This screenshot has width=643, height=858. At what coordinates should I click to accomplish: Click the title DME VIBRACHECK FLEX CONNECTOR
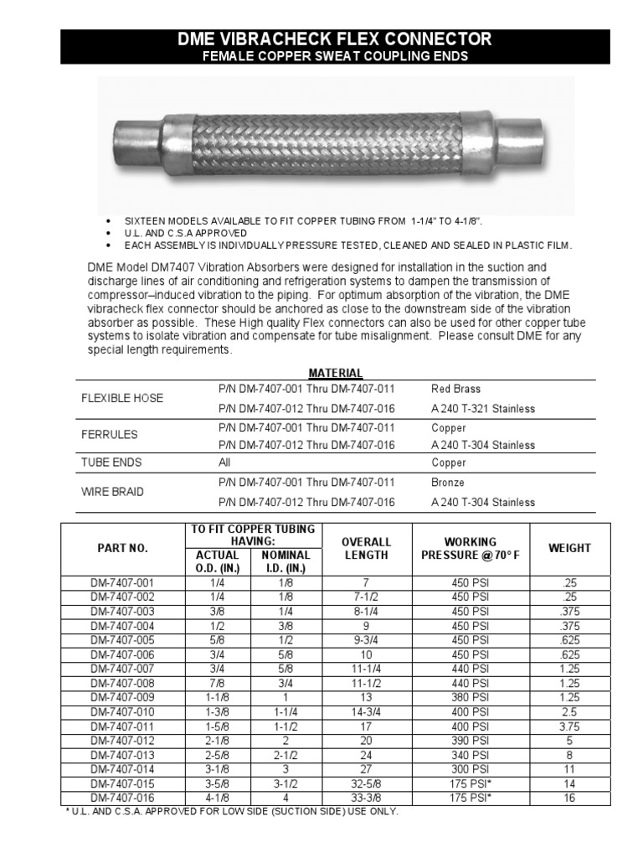pos(336,39)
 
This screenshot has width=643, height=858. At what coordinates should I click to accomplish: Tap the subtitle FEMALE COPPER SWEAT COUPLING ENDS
pos(336,56)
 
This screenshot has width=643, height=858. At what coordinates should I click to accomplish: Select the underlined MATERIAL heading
pos(335,373)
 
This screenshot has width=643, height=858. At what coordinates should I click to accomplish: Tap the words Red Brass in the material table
pos(455,389)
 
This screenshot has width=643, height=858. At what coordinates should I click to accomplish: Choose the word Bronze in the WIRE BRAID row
pos(448,483)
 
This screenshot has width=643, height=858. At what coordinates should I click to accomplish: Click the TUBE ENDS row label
pos(111,463)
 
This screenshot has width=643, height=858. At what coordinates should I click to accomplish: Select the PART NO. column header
pos(122,548)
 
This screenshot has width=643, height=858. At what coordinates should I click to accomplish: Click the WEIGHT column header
pos(569,548)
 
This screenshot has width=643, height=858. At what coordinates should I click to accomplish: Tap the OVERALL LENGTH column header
pos(366,548)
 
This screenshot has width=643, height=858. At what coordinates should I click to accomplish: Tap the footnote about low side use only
pos(232,811)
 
